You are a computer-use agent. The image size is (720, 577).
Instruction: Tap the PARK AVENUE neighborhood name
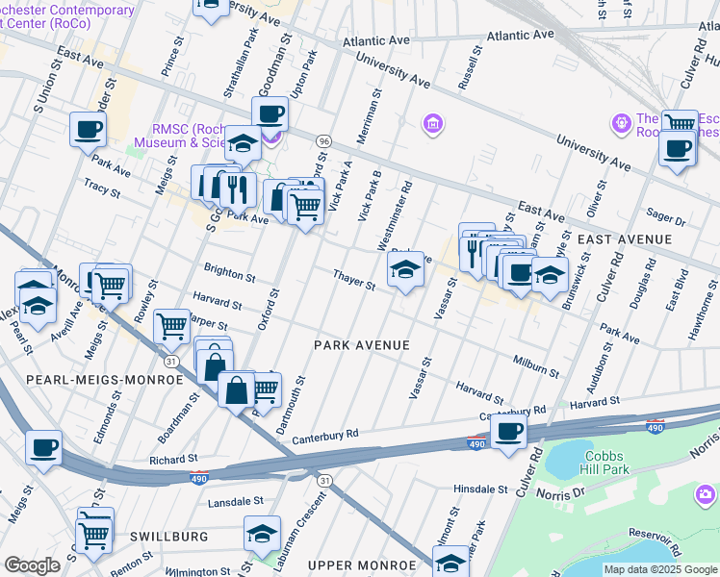[362, 345]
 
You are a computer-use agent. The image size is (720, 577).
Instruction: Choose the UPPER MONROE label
[353, 565]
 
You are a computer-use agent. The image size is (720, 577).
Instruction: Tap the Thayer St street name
[353, 279]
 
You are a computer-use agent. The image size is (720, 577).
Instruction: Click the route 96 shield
[323, 140]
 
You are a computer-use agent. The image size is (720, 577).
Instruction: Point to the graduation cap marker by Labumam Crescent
[262, 533]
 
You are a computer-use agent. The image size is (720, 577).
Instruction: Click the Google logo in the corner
[32, 565]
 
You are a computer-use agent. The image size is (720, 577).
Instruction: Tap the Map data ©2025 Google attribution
[660, 569]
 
